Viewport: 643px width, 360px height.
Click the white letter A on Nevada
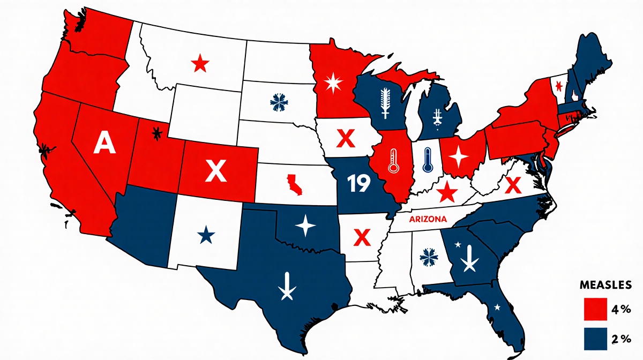point(104,144)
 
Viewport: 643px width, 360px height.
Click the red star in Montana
point(200,64)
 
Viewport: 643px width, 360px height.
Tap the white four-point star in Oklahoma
point(306,226)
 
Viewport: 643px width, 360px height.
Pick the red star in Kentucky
point(446,191)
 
